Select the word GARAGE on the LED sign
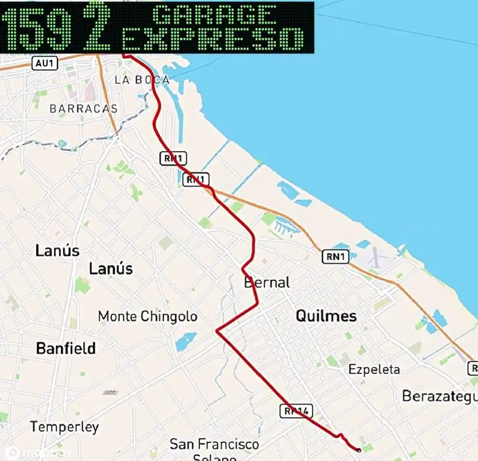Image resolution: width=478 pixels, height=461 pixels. tap(214, 15)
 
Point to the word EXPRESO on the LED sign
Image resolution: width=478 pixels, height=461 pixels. tap(213, 40)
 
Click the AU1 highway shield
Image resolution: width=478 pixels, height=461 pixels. tap(45, 63)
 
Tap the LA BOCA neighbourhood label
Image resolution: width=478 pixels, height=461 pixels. tap(141, 80)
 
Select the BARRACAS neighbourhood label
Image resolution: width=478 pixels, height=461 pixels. tap(83, 109)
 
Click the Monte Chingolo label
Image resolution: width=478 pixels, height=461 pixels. tap(148, 316)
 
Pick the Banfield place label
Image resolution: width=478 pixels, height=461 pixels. tap(66, 348)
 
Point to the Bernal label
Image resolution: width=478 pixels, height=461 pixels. tap(267, 282)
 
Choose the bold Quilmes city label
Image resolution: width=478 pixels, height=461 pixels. tap(326, 316)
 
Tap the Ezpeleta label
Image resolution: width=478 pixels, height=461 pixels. tap(374, 370)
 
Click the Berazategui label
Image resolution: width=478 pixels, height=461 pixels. tap(439, 396)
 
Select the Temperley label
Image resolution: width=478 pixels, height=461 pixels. tap(65, 427)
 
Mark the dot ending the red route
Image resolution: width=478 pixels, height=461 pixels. tap(359, 450)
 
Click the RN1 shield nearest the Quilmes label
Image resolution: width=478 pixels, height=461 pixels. tap(335, 256)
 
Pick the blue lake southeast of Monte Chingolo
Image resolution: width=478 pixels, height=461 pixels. tap(186, 341)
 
